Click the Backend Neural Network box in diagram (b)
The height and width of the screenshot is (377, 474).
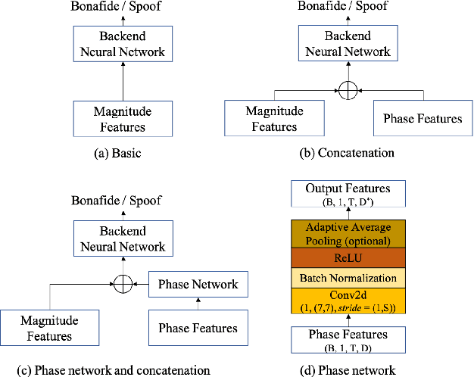click(x=347, y=44)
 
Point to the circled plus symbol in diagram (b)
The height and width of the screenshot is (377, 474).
click(x=347, y=90)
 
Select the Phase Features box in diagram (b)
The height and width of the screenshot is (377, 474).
click(x=423, y=119)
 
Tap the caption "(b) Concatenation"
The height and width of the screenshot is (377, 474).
click(x=347, y=152)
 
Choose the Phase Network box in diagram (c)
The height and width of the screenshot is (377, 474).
click(x=198, y=285)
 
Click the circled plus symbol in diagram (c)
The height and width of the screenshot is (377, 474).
click(x=122, y=285)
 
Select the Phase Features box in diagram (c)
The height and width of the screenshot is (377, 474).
click(x=198, y=328)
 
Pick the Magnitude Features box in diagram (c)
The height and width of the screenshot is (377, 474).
click(x=46, y=328)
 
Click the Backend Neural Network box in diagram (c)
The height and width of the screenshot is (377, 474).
click(x=122, y=238)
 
